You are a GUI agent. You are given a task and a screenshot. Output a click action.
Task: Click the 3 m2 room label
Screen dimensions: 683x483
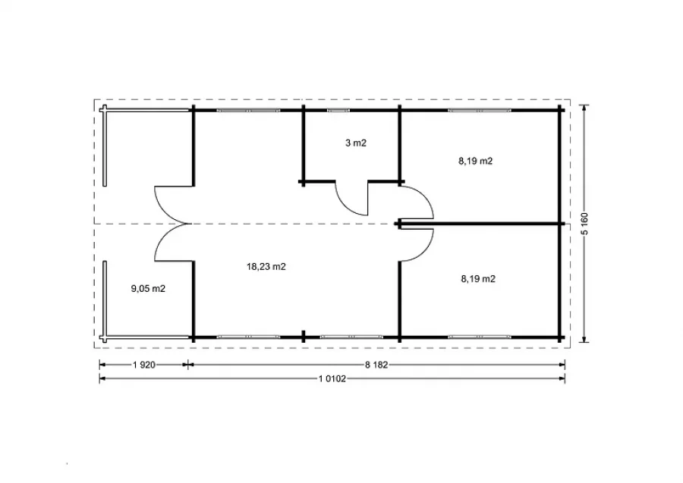[x=356, y=143]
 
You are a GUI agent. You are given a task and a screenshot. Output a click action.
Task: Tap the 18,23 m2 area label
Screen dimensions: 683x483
[x=266, y=267]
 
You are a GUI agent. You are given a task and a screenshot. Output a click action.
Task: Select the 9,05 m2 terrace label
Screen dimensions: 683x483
[x=148, y=288]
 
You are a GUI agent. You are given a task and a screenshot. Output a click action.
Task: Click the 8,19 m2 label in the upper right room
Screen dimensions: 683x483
[x=475, y=161]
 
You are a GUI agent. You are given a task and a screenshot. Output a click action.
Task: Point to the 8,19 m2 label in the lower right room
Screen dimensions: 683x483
[x=478, y=279]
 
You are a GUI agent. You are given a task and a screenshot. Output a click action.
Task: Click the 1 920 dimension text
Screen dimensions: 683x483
[x=144, y=365]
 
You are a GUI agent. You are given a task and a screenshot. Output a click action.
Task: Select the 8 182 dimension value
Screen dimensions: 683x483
[x=376, y=365]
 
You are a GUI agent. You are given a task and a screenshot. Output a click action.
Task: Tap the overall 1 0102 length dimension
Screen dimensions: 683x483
[x=332, y=379]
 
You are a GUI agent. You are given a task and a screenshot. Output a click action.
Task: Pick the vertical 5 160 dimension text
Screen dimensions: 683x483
[x=584, y=224]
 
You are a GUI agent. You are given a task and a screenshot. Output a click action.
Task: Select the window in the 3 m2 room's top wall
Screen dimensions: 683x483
[x=338, y=111]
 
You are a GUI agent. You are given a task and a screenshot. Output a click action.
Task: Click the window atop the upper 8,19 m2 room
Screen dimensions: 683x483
[x=479, y=111]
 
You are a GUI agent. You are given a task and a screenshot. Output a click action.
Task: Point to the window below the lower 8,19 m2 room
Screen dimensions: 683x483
[x=479, y=337]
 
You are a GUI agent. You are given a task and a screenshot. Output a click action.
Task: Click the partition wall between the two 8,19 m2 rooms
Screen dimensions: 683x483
[x=480, y=224]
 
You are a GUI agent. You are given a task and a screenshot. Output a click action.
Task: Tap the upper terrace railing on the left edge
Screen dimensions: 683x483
[x=105, y=146]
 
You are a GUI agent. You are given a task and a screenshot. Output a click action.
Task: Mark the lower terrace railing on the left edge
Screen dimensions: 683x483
[x=105, y=300]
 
